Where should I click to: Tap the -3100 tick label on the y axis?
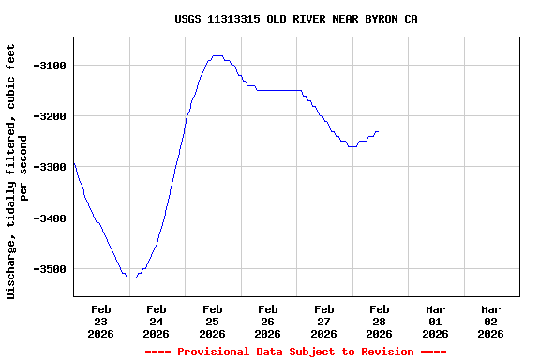(48, 66)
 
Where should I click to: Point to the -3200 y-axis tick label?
(48, 116)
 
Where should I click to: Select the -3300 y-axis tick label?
(48, 167)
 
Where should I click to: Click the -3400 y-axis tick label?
(48, 218)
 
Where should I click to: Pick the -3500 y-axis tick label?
(48, 269)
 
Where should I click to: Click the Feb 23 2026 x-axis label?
(101, 321)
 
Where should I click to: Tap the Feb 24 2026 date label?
(157, 321)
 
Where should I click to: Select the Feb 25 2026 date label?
(213, 321)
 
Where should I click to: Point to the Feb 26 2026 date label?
(268, 321)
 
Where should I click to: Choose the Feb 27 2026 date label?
(324, 321)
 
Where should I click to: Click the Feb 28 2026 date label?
(380, 321)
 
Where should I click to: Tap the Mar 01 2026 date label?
(435, 321)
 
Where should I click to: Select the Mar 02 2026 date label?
(491, 321)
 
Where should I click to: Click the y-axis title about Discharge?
(18, 171)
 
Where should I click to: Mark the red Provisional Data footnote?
(296, 352)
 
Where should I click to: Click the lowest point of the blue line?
(131, 277)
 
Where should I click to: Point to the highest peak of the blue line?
(217, 55)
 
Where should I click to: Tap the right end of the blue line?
(378, 132)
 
